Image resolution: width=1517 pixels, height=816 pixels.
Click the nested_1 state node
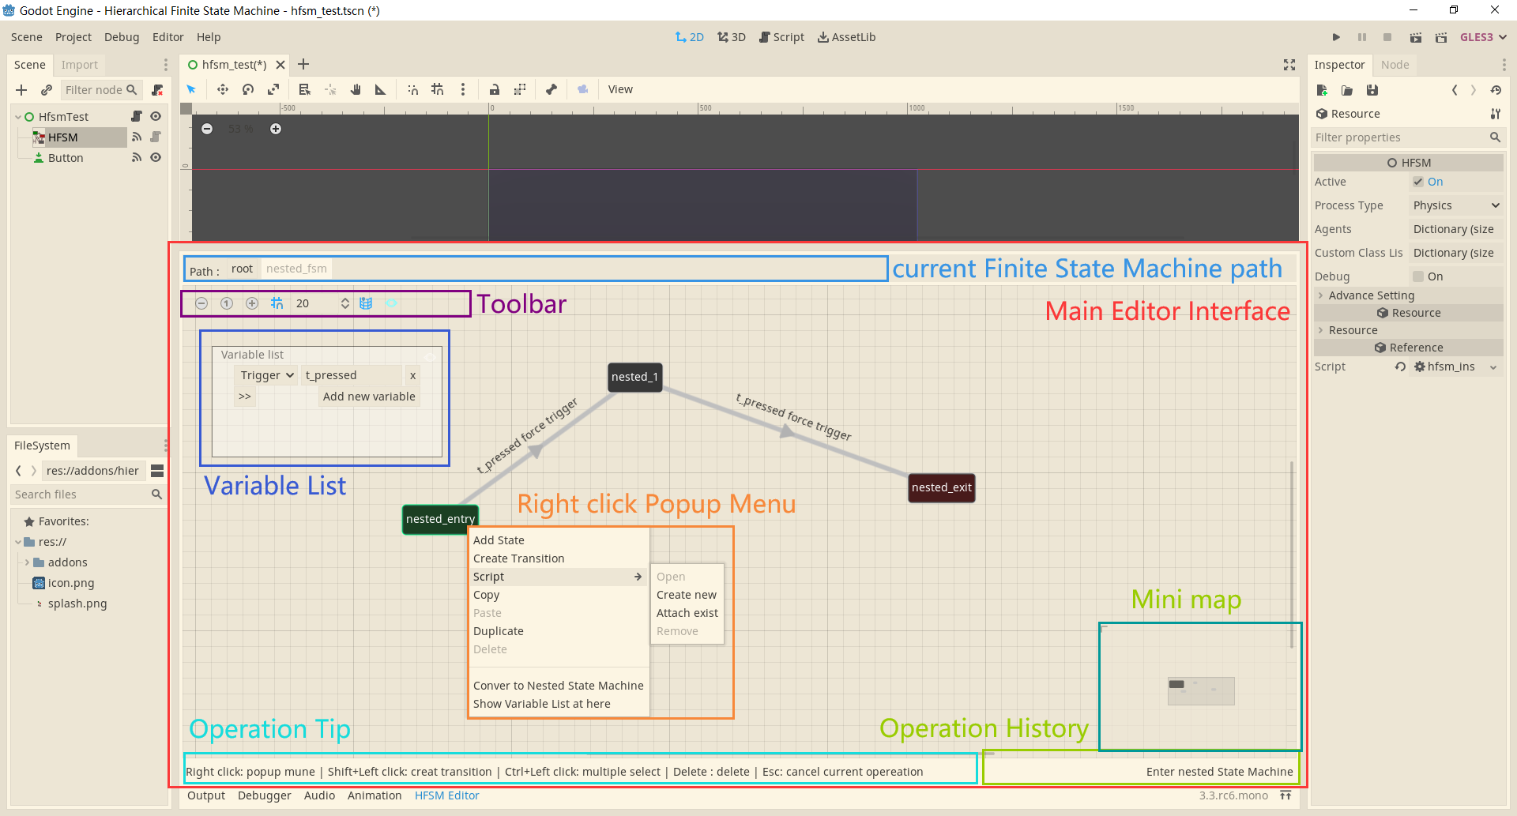(634, 377)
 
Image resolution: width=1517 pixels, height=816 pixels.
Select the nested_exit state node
(941, 487)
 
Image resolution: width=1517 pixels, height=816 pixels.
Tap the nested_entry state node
(439, 519)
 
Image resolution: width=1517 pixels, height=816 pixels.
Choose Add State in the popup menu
(499, 540)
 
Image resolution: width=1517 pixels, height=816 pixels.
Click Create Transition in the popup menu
(518, 558)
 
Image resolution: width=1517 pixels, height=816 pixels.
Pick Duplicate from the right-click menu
(498, 631)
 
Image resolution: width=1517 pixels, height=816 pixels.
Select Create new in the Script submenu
(686, 595)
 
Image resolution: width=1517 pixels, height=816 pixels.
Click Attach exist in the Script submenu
(687, 613)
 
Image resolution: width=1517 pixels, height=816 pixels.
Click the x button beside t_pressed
(412, 375)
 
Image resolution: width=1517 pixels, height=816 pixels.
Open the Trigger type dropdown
(267, 375)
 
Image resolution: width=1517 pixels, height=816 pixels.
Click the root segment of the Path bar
(242, 269)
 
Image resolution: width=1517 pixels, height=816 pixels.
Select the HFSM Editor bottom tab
(446, 795)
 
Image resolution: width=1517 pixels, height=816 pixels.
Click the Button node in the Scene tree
(66, 158)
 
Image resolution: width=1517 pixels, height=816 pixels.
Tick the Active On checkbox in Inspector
(1418, 182)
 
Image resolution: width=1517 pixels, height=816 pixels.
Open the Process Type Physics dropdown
(1455, 205)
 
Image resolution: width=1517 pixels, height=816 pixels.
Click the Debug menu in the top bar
(121, 37)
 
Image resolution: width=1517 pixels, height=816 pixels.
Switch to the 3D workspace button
(732, 37)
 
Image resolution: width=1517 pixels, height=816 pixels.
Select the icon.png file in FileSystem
(70, 583)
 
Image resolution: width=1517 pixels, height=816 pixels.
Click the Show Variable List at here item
(541, 704)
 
